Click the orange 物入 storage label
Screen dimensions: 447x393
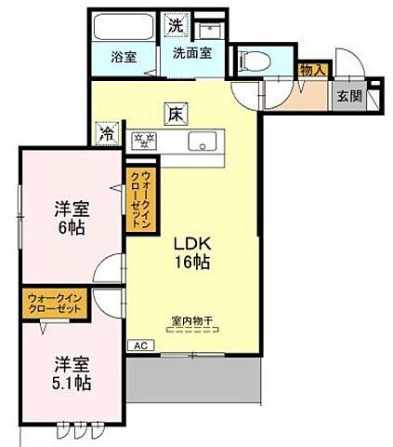[x=310, y=67]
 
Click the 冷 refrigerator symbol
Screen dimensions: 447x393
[x=109, y=133]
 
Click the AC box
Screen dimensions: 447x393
[x=141, y=345]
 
